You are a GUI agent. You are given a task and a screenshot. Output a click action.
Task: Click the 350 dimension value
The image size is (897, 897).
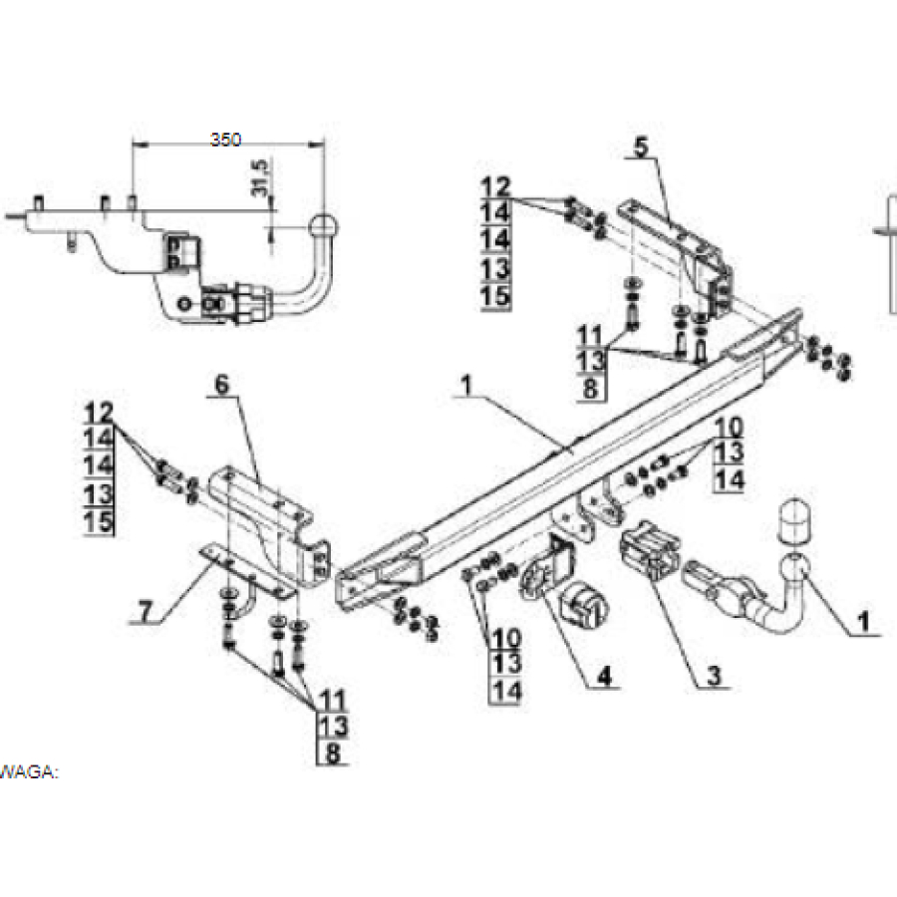tap(226, 141)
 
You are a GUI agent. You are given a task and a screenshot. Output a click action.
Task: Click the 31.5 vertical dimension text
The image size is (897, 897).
tap(262, 178)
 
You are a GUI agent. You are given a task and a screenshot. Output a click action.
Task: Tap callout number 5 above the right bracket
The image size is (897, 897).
tap(639, 146)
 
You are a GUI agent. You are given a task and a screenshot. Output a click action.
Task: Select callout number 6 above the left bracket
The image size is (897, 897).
tap(221, 384)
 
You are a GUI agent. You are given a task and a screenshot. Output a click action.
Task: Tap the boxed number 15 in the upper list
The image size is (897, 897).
tap(495, 296)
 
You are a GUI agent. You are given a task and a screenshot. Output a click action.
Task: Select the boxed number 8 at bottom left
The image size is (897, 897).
tap(333, 754)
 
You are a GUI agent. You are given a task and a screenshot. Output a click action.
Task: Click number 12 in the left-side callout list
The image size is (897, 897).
tap(99, 411)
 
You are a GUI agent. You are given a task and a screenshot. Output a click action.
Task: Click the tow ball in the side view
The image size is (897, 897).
tap(325, 226)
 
